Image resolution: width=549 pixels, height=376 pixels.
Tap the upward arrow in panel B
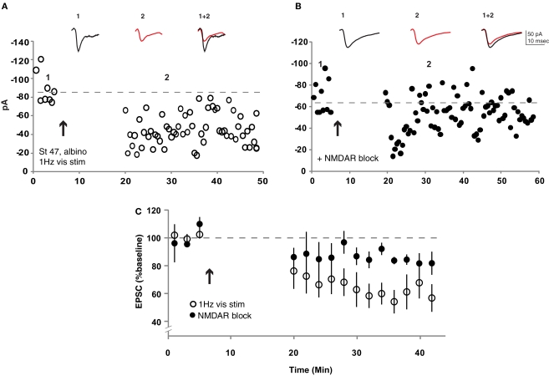click(x=337, y=127)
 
